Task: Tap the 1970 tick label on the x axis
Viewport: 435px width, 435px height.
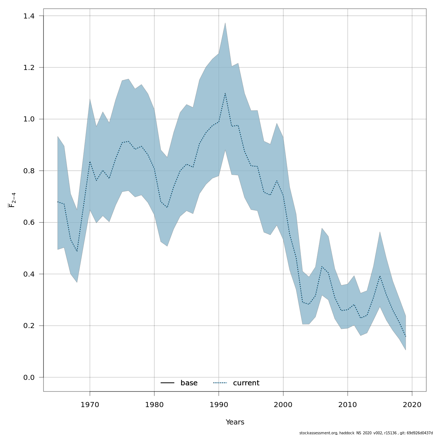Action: (x=90, y=405)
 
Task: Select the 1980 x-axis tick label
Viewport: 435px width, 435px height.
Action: (x=154, y=405)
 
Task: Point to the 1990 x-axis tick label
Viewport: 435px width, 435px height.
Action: (x=219, y=405)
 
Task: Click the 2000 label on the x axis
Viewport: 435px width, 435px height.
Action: (x=283, y=405)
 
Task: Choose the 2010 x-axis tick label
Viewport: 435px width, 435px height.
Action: (x=348, y=405)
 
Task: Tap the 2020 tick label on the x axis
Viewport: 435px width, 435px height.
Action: (x=412, y=405)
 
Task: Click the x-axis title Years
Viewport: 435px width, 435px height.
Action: (x=235, y=422)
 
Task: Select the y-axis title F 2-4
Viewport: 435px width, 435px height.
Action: (x=12, y=200)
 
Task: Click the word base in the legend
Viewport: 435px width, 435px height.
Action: (x=189, y=383)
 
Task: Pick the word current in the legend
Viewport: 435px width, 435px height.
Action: (x=246, y=383)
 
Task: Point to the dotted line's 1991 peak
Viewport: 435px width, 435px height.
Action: (x=225, y=93)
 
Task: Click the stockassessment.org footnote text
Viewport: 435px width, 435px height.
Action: (x=366, y=433)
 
